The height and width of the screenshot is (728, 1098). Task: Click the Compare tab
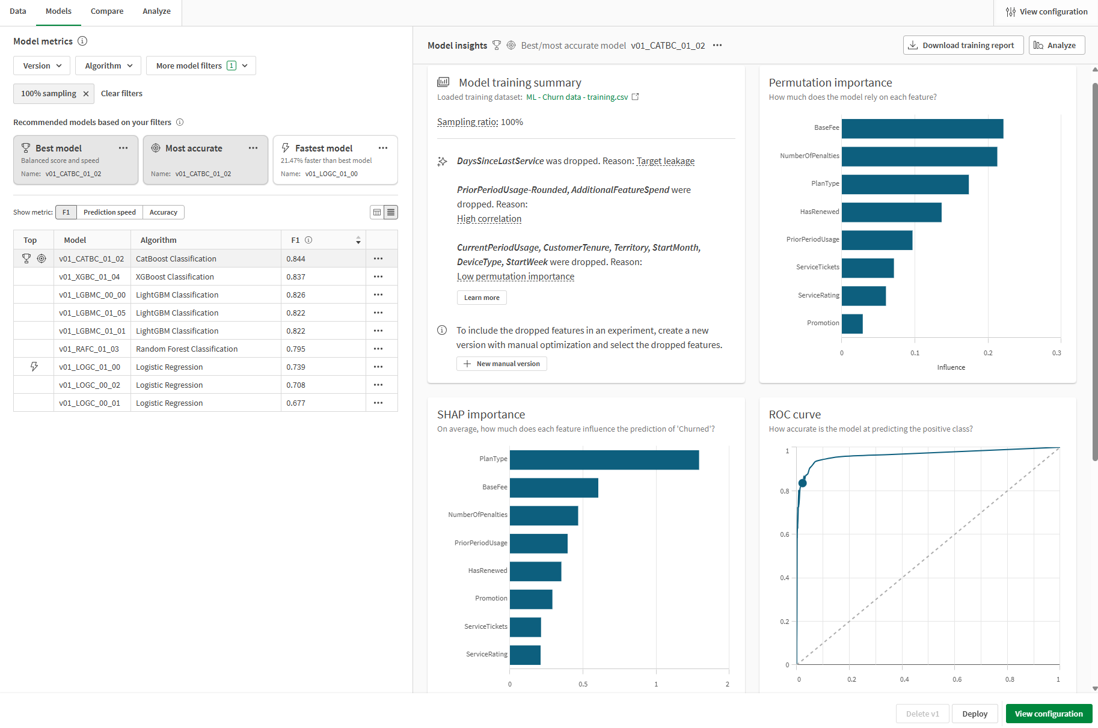coord(107,11)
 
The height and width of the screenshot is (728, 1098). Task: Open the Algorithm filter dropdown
coord(108,66)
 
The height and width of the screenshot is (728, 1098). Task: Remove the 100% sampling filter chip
coord(86,94)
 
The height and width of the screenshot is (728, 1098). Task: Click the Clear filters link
coord(121,94)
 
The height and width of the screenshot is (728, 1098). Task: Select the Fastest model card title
coord(324,148)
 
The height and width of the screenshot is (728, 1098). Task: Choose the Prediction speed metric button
coord(109,212)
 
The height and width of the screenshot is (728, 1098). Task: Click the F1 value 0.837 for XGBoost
coord(296,277)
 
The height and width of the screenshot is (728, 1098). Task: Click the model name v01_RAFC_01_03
coord(89,349)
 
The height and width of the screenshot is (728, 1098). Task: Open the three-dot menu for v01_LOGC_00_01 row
coord(378,403)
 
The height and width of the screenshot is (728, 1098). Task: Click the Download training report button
coord(963,46)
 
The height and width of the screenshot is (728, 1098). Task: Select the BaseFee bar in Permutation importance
coord(922,129)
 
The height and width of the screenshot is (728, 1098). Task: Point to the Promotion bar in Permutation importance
coord(852,324)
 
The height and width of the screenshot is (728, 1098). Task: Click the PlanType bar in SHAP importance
coord(604,460)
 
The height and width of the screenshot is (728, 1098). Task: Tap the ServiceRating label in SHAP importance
coord(486,655)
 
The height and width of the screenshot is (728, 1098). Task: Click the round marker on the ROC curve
coord(802,483)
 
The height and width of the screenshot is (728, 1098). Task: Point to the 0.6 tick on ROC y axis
coord(785,534)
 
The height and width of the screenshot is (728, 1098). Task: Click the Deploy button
coord(974,714)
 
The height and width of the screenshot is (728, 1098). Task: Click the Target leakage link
coord(665,161)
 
